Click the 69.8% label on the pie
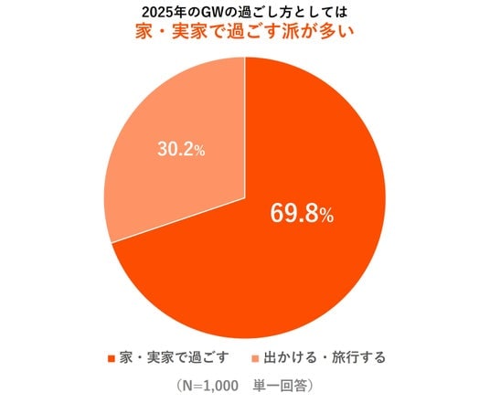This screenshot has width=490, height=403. coord(302,213)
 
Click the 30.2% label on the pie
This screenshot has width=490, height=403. coord(181,149)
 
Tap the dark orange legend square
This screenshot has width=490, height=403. coord(112,358)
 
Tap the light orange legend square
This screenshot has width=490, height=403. coord(256,358)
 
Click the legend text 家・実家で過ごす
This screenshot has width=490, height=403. coord(174,357)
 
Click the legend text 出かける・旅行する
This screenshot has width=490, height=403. coord(325,357)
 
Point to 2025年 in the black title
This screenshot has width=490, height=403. coord(159,13)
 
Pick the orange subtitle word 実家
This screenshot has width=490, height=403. coord(189,32)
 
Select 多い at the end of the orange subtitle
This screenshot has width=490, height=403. coord(336,32)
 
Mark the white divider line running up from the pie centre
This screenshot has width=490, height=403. coord(245,127)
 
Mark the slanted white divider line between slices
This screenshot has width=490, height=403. coord(178,220)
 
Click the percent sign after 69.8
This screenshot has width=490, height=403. coord(326,216)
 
